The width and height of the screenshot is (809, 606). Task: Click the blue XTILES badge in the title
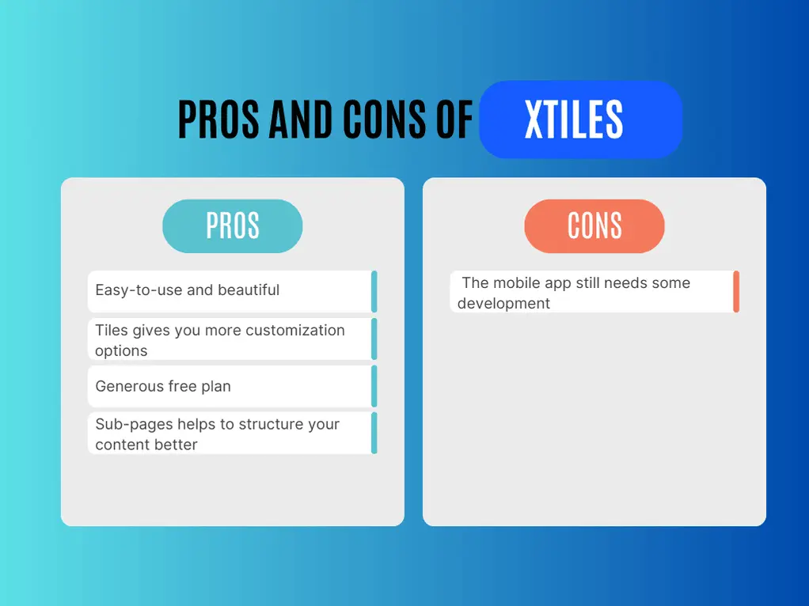580,119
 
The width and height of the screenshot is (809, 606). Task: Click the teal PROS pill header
232,226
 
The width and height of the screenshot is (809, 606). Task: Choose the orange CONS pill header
594,226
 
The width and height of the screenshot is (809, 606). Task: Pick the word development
503,304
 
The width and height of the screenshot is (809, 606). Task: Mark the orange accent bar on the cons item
736,291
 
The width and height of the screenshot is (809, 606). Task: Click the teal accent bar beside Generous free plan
374,386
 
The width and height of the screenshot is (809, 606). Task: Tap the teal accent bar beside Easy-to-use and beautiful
374,291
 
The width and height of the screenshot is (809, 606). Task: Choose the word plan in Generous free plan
216,387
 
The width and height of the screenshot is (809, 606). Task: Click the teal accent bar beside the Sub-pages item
374,433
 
